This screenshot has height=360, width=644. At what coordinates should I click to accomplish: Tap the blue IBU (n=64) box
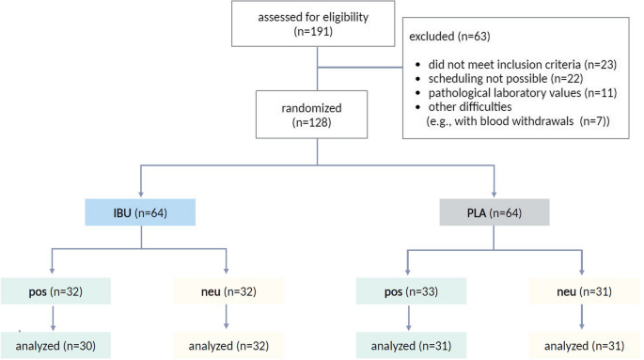(x=141, y=212)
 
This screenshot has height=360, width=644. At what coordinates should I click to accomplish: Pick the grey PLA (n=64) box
(x=495, y=212)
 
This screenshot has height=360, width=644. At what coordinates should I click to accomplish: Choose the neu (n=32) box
(x=228, y=291)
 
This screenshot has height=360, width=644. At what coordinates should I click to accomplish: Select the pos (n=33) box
(x=407, y=291)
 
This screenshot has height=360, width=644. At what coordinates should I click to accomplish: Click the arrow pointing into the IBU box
(x=141, y=191)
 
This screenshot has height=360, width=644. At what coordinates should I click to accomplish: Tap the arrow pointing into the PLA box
(x=495, y=191)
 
